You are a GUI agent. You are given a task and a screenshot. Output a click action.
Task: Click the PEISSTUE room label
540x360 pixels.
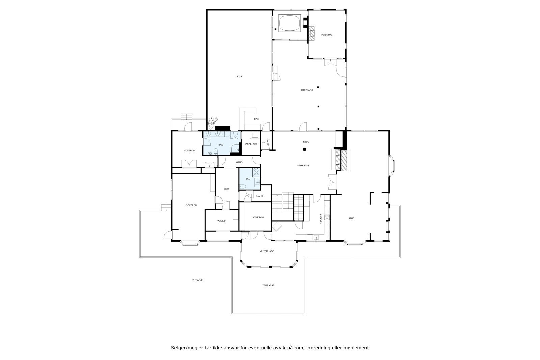326,35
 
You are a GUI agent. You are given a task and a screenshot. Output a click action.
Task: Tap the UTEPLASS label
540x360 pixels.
307,90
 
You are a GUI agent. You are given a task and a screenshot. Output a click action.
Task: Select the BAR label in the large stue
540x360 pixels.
256,119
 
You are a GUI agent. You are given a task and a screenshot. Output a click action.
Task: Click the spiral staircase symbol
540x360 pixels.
213,123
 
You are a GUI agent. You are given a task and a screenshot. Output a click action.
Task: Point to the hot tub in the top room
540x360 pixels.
289,23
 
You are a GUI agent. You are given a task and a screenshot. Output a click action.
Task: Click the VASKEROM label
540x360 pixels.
250,144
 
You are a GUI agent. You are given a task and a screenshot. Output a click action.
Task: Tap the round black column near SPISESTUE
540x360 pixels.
304,149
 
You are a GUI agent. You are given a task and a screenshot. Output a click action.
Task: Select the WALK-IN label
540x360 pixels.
222,221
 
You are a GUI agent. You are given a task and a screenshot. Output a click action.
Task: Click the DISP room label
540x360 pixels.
227,189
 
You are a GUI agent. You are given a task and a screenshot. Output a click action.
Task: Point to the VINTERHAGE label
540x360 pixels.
267,251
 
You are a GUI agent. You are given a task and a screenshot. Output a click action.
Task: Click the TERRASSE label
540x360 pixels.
268,285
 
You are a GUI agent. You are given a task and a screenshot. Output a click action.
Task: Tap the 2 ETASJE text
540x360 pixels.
197,280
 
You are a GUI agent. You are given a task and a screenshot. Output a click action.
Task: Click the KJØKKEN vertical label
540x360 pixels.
320,219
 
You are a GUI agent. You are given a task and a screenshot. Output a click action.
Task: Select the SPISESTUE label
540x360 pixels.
303,166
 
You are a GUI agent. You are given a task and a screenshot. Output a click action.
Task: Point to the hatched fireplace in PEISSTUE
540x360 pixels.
311,34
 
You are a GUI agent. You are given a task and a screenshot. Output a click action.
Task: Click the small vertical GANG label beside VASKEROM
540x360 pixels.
268,142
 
